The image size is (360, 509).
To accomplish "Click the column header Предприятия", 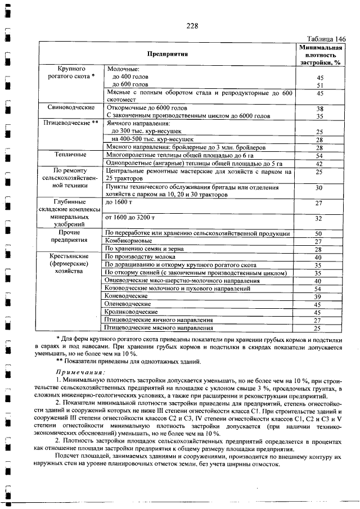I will [x=167, y=54].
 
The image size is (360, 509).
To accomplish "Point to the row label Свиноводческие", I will [x=70, y=107].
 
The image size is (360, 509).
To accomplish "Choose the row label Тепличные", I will [x=70, y=154].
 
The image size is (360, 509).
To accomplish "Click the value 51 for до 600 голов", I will [x=319, y=85].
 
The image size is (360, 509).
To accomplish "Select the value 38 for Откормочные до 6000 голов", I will [x=319, y=109].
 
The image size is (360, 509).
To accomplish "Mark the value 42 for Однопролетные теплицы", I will [x=319, y=164].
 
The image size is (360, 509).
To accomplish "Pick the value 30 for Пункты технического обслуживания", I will [x=319, y=188].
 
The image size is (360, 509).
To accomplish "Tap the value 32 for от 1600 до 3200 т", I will [x=319, y=218].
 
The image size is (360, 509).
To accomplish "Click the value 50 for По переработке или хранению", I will [x=319, y=233].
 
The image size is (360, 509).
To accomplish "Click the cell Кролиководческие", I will [x=131, y=312].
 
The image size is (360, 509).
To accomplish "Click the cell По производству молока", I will [x=141, y=256].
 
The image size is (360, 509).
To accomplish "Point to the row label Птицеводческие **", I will [x=70, y=121].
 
